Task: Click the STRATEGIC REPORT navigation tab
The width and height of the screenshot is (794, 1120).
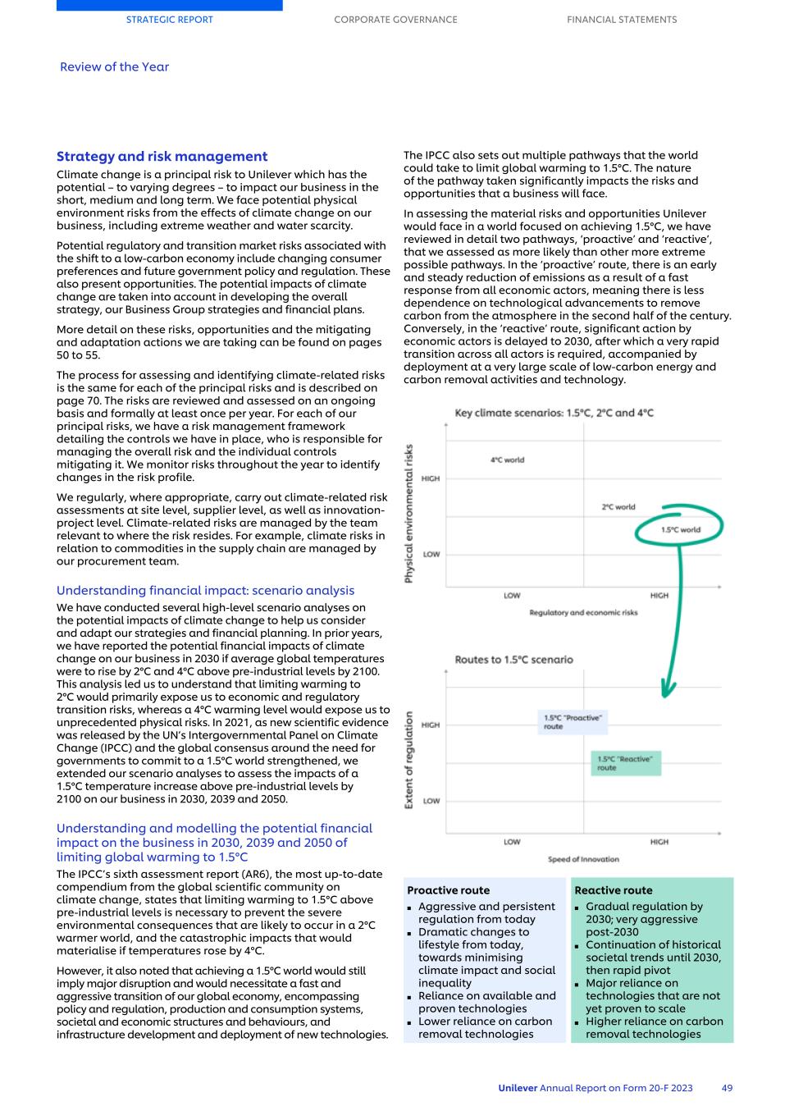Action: pos(169,20)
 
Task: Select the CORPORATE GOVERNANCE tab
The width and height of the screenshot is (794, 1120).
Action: pos(395,20)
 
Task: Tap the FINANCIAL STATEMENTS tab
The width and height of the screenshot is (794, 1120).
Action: pos(622,20)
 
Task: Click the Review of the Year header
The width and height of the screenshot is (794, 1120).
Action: pos(114,67)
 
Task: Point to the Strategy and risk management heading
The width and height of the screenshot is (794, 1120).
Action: pos(162,157)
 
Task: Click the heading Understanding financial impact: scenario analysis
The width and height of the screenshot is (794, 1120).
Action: pos(205,591)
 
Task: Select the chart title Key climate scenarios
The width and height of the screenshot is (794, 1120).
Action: pos(554,414)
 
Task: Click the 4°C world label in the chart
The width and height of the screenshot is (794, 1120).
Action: pos(507,460)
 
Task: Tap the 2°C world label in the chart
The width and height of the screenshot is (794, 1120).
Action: pos(618,507)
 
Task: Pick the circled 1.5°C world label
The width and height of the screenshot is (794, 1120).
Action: pos(680,529)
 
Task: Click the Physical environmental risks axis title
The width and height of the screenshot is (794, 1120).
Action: pos(408,514)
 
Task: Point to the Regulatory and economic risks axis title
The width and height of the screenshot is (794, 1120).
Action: pos(583,613)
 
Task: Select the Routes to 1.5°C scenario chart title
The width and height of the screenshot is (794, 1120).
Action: pos(513,660)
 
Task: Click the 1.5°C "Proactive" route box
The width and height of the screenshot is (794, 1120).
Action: pos(573,722)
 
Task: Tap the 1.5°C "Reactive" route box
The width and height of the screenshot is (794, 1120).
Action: pos(626,763)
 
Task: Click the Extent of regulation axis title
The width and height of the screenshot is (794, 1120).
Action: pos(408,760)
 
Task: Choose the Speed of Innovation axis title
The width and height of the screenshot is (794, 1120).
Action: pos(583,859)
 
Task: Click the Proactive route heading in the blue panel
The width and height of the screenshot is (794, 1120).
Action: pos(448,890)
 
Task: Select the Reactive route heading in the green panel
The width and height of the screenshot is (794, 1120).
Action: pos(614,890)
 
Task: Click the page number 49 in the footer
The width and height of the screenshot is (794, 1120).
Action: pos(727,1088)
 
